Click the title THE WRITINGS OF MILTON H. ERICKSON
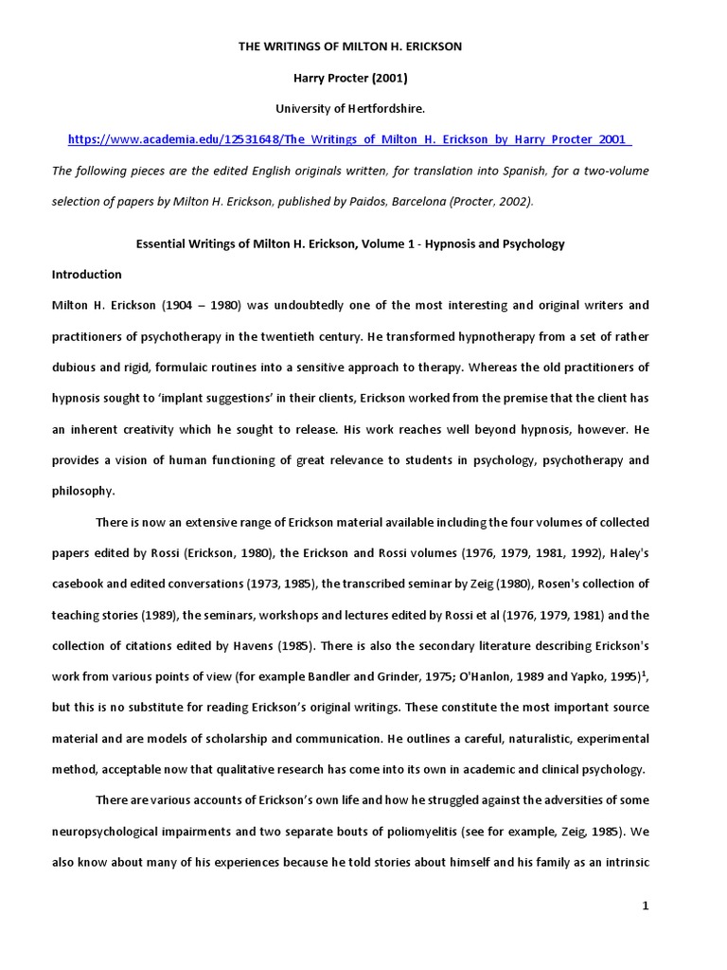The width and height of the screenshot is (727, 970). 349,46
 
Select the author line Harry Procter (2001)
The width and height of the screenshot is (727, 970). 349,78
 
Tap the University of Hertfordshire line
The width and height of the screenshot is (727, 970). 349,108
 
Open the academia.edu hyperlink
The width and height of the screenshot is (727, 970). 349,139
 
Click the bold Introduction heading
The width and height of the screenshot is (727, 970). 86,275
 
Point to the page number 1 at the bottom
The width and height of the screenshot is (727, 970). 646,907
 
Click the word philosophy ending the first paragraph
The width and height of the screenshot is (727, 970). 82,491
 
